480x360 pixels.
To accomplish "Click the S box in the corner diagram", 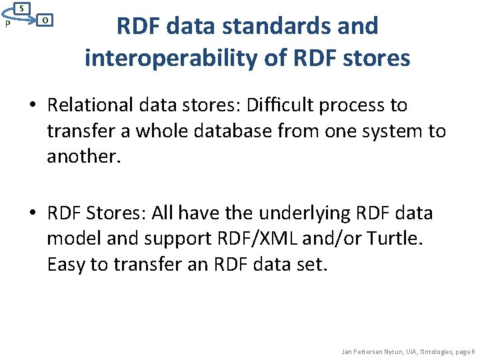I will click(x=22, y=9).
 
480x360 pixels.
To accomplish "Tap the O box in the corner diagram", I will click(x=44, y=20).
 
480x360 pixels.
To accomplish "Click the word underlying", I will click(x=300, y=213).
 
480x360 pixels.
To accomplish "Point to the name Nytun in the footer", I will click(x=391, y=351).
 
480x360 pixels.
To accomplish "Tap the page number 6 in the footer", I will click(x=473, y=351).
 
